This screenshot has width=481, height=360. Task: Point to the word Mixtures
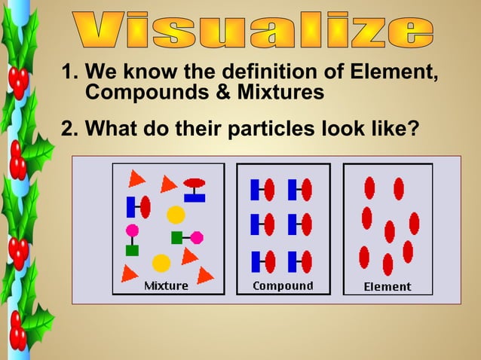(280, 93)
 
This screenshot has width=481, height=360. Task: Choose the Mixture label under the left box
(166, 285)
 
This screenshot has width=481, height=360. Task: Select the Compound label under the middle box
(283, 285)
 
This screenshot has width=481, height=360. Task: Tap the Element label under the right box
(388, 286)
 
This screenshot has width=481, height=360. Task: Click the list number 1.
(69, 74)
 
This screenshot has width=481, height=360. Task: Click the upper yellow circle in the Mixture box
(176, 215)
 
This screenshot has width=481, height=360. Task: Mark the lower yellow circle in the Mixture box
(161, 263)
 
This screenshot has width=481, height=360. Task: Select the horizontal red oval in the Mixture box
(195, 183)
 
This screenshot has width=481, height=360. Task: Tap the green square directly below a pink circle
(132, 250)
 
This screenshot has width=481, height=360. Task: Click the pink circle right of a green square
(197, 237)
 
